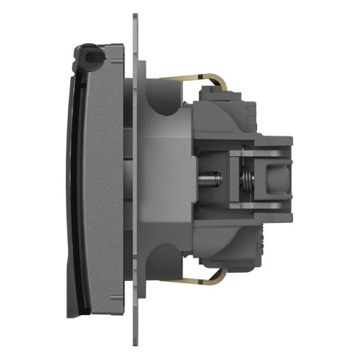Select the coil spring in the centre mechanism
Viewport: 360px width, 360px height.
click(243, 179)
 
